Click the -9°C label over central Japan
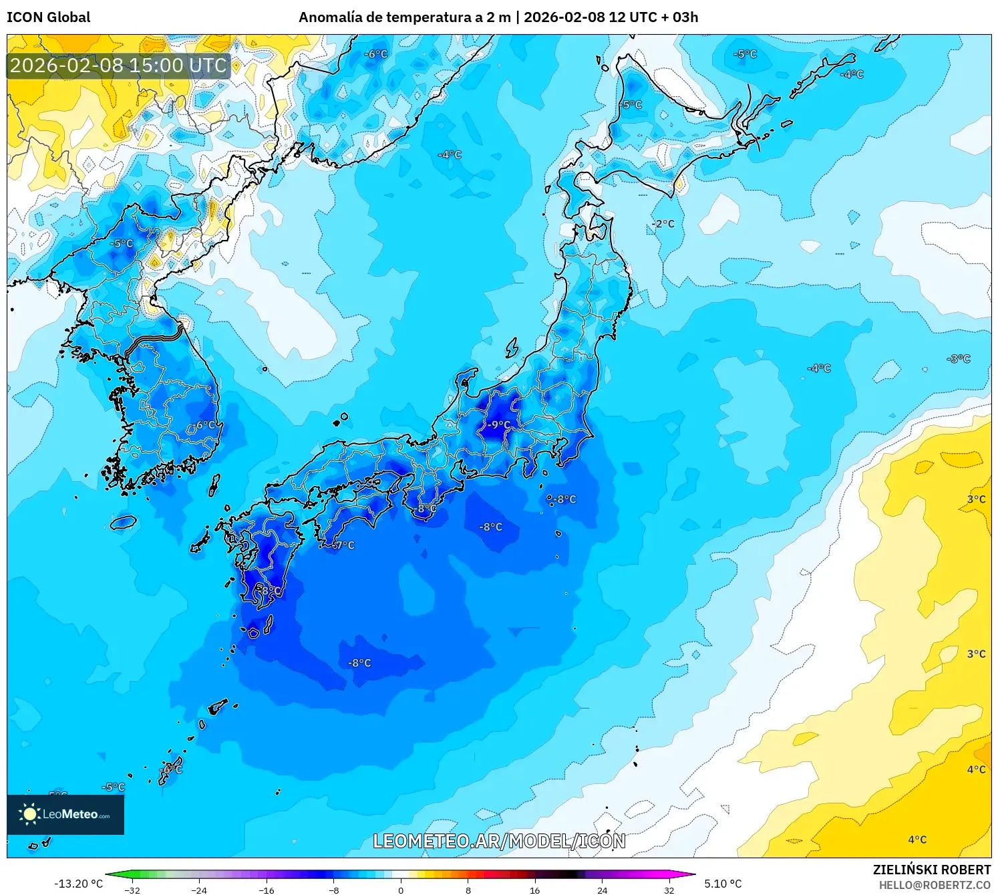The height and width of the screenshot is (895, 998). pyautogui.click(x=498, y=424)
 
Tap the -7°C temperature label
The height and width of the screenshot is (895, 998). pyautogui.click(x=343, y=545)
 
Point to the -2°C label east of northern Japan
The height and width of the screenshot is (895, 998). pyautogui.click(x=663, y=224)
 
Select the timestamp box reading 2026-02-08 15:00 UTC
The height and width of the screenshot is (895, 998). pyautogui.click(x=119, y=66)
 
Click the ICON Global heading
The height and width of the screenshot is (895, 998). pyautogui.click(x=48, y=17)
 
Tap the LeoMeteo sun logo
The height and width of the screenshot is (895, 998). pyautogui.click(x=29, y=813)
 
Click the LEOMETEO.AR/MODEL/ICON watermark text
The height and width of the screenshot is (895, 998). pyautogui.click(x=499, y=841)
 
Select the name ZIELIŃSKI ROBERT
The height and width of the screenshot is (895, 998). pyautogui.click(x=932, y=870)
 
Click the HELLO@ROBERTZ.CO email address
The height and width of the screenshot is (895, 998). pyautogui.click(x=935, y=885)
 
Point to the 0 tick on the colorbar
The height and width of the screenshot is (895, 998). pyautogui.click(x=401, y=890)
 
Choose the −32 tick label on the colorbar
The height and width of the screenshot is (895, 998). pyautogui.click(x=132, y=890)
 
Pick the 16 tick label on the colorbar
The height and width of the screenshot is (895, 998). pyautogui.click(x=534, y=890)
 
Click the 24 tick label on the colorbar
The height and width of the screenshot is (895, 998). pyautogui.click(x=602, y=890)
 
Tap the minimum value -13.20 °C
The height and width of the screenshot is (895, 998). pyautogui.click(x=79, y=884)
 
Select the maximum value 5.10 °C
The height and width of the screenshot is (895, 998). pyautogui.click(x=723, y=884)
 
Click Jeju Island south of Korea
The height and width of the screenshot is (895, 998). pyautogui.click(x=124, y=521)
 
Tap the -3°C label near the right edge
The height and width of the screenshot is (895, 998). pyautogui.click(x=959, y=359)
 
